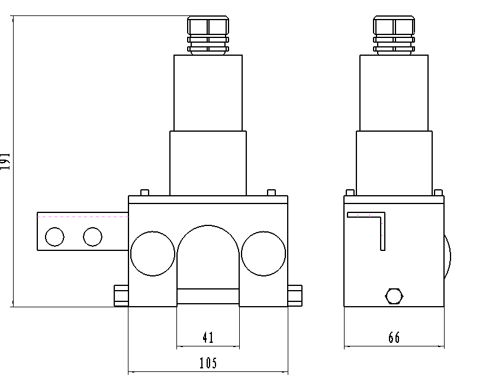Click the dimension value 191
point(5,161)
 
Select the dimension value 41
point(208,338)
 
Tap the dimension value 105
point(208,363)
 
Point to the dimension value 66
point(394,338)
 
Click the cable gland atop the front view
point(208,35)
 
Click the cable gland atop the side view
point(394,35)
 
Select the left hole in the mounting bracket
point(54,237)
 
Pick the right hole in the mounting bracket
point(93,237)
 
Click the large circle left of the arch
point(153,253)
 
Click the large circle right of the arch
point(263,253)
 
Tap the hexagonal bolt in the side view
point(394,295)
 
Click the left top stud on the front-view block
point(144,192)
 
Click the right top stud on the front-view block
point(271,192)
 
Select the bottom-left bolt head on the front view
point(121,295)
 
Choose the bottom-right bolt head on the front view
point(295,295)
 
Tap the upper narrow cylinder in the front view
point(208,93)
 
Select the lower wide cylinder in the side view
point(394,163)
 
